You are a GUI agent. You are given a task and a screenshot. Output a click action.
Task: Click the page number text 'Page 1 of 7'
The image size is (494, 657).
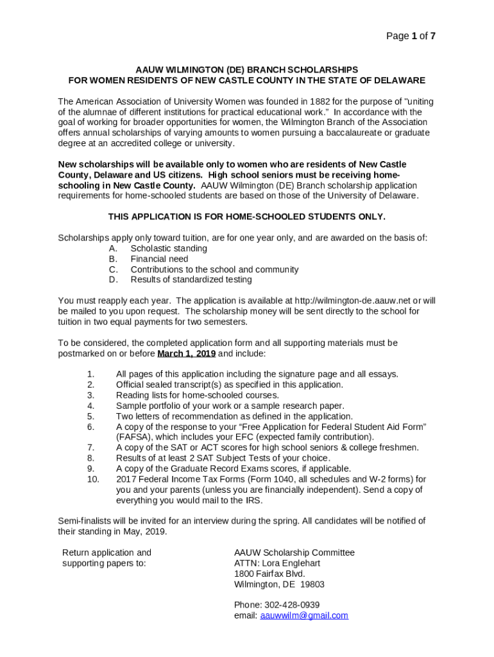[411, 36]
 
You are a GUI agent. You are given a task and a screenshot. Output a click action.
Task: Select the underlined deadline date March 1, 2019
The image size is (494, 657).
[187, 354]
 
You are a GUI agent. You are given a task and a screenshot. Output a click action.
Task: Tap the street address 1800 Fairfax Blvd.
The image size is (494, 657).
[269, 574]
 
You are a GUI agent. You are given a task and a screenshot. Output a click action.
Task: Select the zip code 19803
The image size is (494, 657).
[312, 584]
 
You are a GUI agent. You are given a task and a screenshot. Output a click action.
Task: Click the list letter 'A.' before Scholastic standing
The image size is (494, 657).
[114, 248]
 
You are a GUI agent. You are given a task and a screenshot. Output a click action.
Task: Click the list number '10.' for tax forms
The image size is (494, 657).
[93, 479]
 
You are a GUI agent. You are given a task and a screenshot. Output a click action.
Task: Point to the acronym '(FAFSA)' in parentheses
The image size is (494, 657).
[133, 437]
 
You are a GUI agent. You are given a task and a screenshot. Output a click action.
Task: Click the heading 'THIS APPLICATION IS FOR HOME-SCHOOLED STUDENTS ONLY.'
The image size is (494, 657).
[246, 217]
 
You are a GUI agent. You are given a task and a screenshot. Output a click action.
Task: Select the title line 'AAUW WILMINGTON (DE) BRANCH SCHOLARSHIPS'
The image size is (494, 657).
[246, 69]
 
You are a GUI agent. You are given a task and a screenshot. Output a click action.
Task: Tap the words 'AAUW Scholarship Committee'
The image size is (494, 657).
[294, 552]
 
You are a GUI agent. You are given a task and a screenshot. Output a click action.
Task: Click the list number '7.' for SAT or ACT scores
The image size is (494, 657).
[90, 447]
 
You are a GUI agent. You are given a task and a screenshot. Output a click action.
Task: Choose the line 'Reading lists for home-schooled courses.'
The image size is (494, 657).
[197, 395]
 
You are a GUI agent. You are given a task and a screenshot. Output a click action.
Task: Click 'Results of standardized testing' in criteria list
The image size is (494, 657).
[191, 280]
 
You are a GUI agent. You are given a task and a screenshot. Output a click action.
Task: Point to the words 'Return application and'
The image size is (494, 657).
[106, 552]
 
